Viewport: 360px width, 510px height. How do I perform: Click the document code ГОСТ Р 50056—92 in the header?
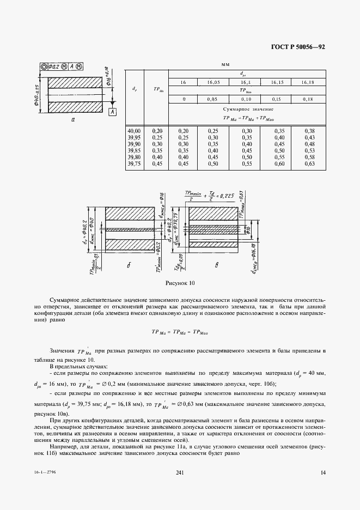(298, 47)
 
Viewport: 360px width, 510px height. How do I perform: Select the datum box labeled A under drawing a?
(112, 112)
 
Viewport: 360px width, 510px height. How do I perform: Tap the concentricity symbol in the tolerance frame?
(44, 66)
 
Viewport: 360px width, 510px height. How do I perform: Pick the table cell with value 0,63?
(310, 163)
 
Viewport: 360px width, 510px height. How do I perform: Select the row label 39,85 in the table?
(134, 150)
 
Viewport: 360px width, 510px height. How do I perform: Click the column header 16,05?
(206, 82)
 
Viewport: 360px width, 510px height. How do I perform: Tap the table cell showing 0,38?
(310, 131)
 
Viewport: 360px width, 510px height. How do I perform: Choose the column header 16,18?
(310, 82)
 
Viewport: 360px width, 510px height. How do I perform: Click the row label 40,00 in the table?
(134, 131)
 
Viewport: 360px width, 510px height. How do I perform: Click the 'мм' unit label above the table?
(225, 64)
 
